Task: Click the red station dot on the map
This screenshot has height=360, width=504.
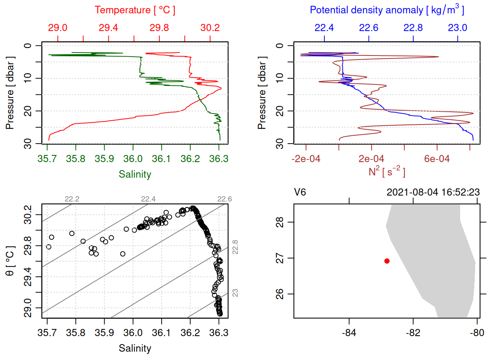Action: tap(387, 261)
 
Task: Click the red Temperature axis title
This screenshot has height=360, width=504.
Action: tap(135, 10)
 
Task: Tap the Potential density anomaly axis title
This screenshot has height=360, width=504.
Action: tap(387, 10)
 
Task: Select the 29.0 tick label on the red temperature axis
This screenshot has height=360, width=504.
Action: tap(58, 28)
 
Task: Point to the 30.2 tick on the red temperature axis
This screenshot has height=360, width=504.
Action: tap(210, 28)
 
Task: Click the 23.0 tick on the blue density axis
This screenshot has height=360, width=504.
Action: tap(457, 28)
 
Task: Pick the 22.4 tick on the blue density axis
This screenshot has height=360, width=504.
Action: tap(324, 28)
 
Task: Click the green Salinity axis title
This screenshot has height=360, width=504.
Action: tap(135, 174)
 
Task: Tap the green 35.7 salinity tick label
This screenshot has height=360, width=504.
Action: tap(47, 159)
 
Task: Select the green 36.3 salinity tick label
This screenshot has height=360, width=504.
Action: tap(219, 159)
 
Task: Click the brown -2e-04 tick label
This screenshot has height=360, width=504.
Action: tap(306, 159)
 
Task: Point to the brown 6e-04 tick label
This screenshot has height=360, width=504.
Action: tap(437, 159)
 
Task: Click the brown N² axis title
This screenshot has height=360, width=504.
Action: tap(387, 172)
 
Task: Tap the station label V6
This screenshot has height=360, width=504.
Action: tap(300, 192)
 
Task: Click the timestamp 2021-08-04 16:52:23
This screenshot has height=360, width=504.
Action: tap(433, 192)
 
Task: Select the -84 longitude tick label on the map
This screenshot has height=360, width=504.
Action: tap(349, 333)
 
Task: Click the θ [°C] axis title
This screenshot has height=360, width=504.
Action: tap(10, 261)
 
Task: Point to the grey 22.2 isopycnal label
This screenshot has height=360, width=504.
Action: tap(72, 199)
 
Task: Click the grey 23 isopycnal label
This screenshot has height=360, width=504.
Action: tap(235, 292)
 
